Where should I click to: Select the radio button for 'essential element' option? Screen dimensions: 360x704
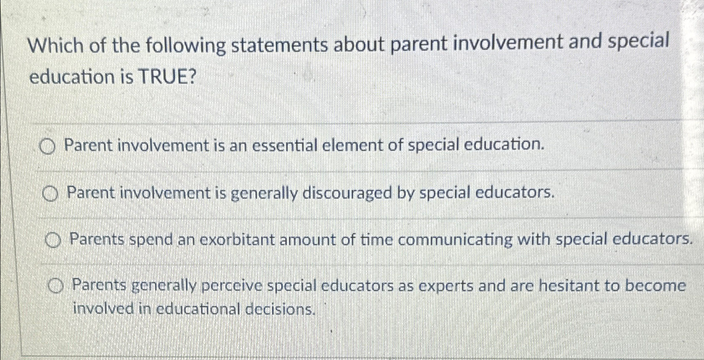pos(48,147)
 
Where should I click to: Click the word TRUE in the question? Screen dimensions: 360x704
pos(165,77)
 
